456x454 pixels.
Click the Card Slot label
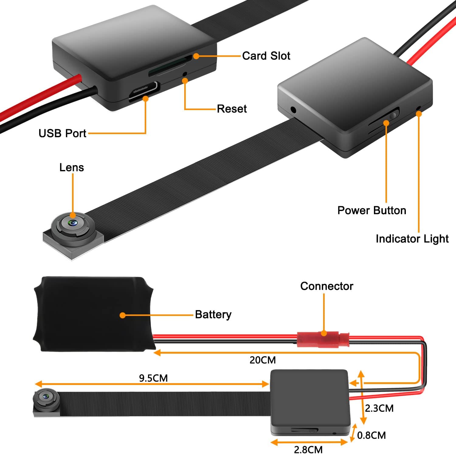[266, 56]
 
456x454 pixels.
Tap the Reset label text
[232, 109]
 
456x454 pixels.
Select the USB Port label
[62, 133]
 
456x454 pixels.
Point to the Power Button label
[371, 210]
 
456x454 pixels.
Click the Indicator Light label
[412, 239]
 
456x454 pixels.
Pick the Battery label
[213, 314]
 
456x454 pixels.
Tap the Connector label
[326, 286]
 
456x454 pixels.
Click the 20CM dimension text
[263, 360]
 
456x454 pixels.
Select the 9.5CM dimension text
[153, 378]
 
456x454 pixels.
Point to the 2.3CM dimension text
[379, 408]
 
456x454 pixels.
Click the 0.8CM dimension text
[371, 435]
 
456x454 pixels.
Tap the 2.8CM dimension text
[308, 449]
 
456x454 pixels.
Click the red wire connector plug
[323, 339]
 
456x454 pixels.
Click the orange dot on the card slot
[196, 56]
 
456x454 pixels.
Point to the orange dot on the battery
[123, 315]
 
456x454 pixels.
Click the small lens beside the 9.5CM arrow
[46, 397]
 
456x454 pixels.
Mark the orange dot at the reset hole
[185, 80]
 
